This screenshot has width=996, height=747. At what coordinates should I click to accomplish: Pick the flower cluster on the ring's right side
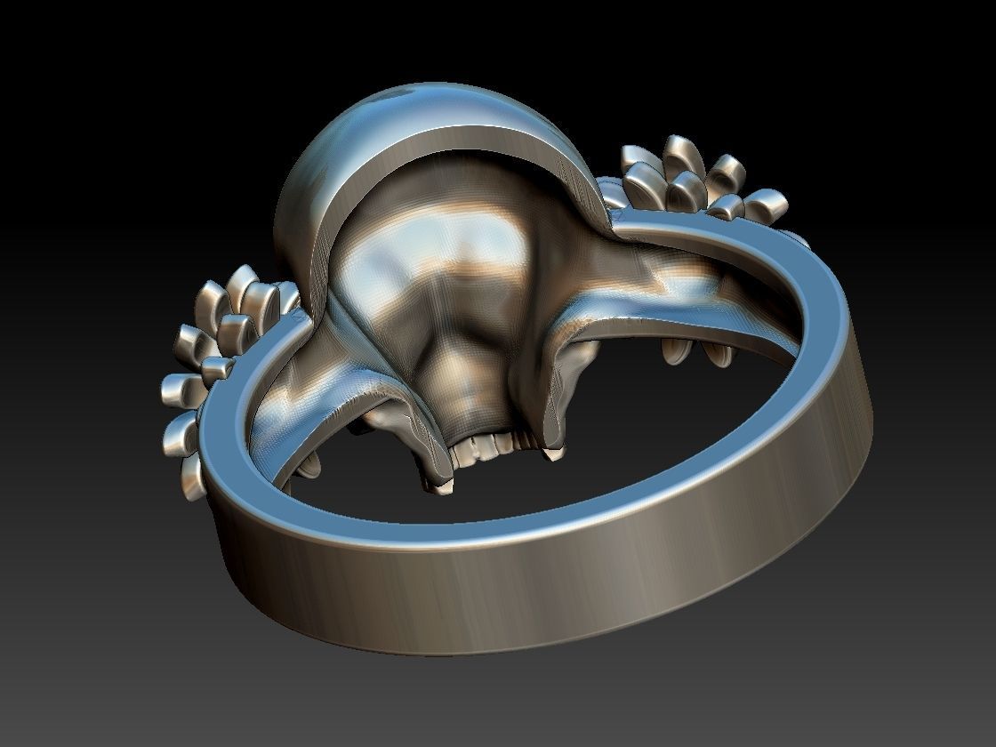tap(703, 187)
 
